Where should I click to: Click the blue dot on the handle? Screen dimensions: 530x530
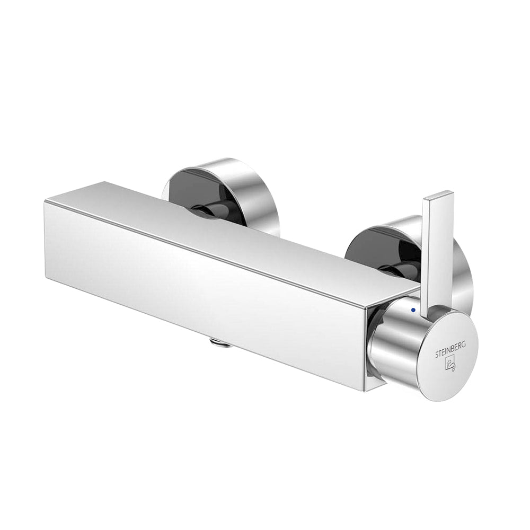point(413,310)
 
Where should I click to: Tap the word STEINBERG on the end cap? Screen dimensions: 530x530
point(449,349)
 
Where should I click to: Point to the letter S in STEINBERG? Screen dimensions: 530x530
point(437,355)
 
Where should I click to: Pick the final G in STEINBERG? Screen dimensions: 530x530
point(464,344)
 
